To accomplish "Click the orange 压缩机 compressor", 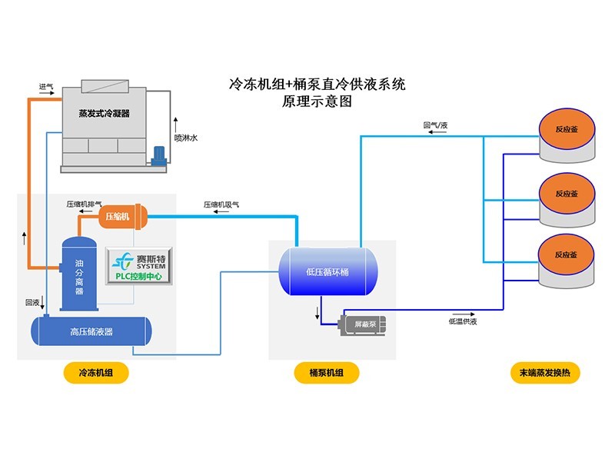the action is [122, 216].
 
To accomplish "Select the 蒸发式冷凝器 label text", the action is [104, 113].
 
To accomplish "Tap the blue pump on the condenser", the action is [159, 156].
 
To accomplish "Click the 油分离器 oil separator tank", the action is [79, 274].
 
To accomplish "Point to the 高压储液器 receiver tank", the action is [91, 331].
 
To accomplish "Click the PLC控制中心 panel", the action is [139, 266].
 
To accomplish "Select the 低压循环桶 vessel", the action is [328, 271].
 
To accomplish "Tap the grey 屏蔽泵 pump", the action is [362, 324].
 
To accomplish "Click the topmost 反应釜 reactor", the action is [567, 135].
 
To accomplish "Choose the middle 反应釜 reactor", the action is [567, 200].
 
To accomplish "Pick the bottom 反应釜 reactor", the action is [566, 261].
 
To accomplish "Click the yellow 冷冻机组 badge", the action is [96, 373].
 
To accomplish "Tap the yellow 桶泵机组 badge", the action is [326, 373].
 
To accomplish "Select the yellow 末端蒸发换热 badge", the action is [545, 373].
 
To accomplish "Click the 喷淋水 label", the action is [186, 138].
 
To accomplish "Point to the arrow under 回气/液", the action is [437, 132].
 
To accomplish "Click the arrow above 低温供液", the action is [464, 314].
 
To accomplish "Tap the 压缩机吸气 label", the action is [221, 204].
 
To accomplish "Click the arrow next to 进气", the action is [46, 93].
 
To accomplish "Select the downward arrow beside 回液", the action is [42, 302].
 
